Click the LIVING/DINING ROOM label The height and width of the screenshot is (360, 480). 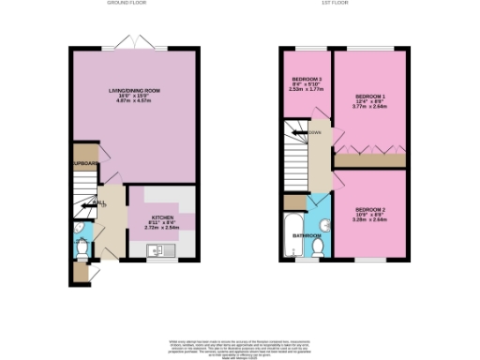point(133,90)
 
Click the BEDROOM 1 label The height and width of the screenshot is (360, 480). point(368,97)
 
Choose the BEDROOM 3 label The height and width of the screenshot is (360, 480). point(307,79)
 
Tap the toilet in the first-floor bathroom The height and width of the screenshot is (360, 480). point(318,246)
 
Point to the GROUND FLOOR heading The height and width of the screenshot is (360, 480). point(131,5)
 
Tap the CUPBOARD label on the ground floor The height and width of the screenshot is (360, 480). point(85,163)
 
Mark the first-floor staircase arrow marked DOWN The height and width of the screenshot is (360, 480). point(315,133)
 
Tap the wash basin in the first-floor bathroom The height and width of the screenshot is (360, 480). point(324,224)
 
